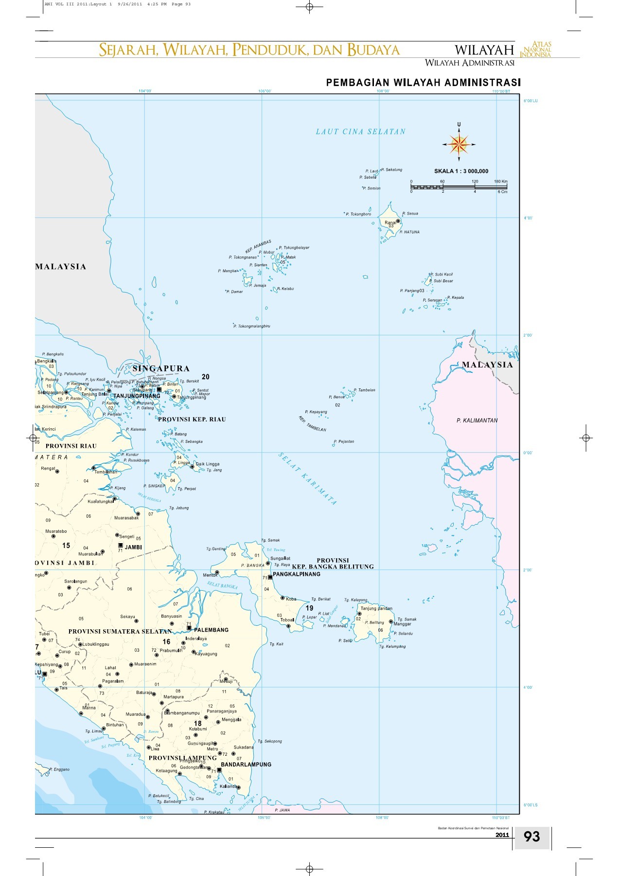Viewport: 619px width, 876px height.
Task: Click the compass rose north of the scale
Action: click(459, 144)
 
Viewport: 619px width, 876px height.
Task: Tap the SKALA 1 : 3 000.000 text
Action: click(461, 171)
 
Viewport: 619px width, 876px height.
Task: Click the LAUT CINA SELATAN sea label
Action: click(360, 131)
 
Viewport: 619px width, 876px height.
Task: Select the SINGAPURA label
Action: click(161, 368)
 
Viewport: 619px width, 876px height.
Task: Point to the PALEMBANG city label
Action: click(211, 630)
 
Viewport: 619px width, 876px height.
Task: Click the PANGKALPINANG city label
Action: click(297, 574)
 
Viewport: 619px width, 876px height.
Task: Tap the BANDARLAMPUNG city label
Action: click(246, 765)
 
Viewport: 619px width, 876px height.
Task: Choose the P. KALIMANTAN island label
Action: click(477, 420)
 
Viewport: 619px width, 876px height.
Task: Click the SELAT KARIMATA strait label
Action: click(307, 479)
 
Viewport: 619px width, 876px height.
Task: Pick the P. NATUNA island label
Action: click(409, 232)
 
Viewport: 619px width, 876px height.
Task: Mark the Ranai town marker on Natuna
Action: click(398, 221)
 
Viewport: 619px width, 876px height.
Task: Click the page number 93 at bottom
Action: click(531, 837)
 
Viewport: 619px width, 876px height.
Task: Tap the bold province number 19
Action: click(309, 608)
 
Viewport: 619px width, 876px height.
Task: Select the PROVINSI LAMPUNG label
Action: click(182, 758)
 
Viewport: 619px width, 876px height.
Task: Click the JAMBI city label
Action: click(133, 547)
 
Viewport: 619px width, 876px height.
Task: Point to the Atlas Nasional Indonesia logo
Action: click(535, 50)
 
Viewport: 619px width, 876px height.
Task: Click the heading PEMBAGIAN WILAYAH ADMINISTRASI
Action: click(423, 83)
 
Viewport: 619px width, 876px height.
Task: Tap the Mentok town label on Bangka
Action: click(210, 575)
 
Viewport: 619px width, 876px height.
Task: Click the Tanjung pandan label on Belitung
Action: click(376, 608)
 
